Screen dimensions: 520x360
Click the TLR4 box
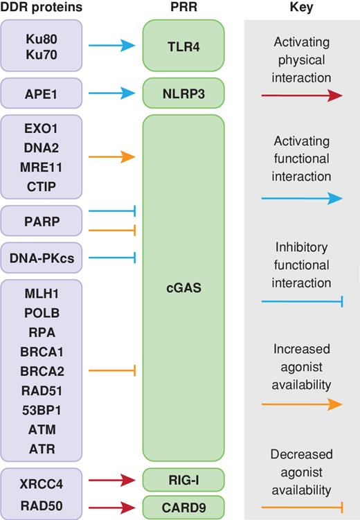coord(183,46)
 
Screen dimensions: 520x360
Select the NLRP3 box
coord(183,93)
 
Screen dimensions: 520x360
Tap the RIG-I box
coord(183,479)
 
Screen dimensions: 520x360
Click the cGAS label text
coord(183,287)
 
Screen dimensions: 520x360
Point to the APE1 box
coord(42,93)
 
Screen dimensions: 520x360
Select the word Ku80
coord(42,35)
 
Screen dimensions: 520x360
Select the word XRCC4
coord(42,479)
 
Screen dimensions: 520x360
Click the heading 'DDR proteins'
coord(42,8)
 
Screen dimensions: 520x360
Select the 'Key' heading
coord(301,8)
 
